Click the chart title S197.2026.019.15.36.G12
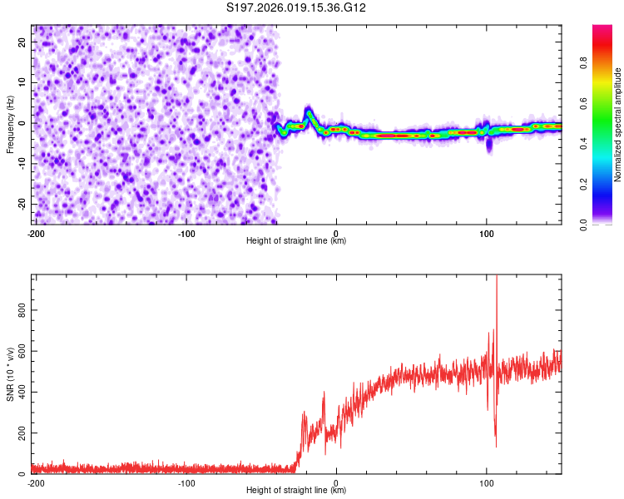297,7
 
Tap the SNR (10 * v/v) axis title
10,373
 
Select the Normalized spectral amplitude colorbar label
618,125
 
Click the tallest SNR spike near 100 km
497,279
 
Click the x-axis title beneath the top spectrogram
296,241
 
